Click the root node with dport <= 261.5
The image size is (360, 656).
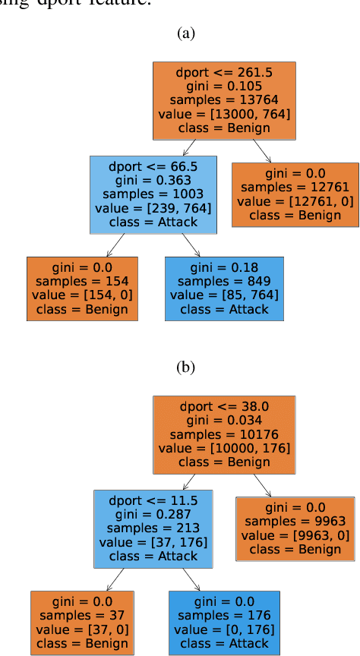[x=224, y=100]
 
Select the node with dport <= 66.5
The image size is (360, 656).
[x=153, y=194]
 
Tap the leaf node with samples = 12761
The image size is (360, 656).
[x=295, y=194]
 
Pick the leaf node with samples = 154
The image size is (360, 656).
[x=83, y=289]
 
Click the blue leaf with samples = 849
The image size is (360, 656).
[x=224, y=289]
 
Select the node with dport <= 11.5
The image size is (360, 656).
[x=153, y=528]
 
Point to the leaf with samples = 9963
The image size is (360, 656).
[x=295, y=528]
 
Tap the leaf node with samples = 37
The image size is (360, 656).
[x=83, y=622]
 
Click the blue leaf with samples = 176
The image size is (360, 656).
[x=224, y=622]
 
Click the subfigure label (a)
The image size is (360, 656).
[x=185, y=33]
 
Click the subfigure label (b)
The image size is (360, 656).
[x=185, y=367]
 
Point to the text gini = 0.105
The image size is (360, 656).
[x=224, y=86]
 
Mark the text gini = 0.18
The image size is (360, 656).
[x=224, y=267]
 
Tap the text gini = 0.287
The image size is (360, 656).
[x=153, y=514]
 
